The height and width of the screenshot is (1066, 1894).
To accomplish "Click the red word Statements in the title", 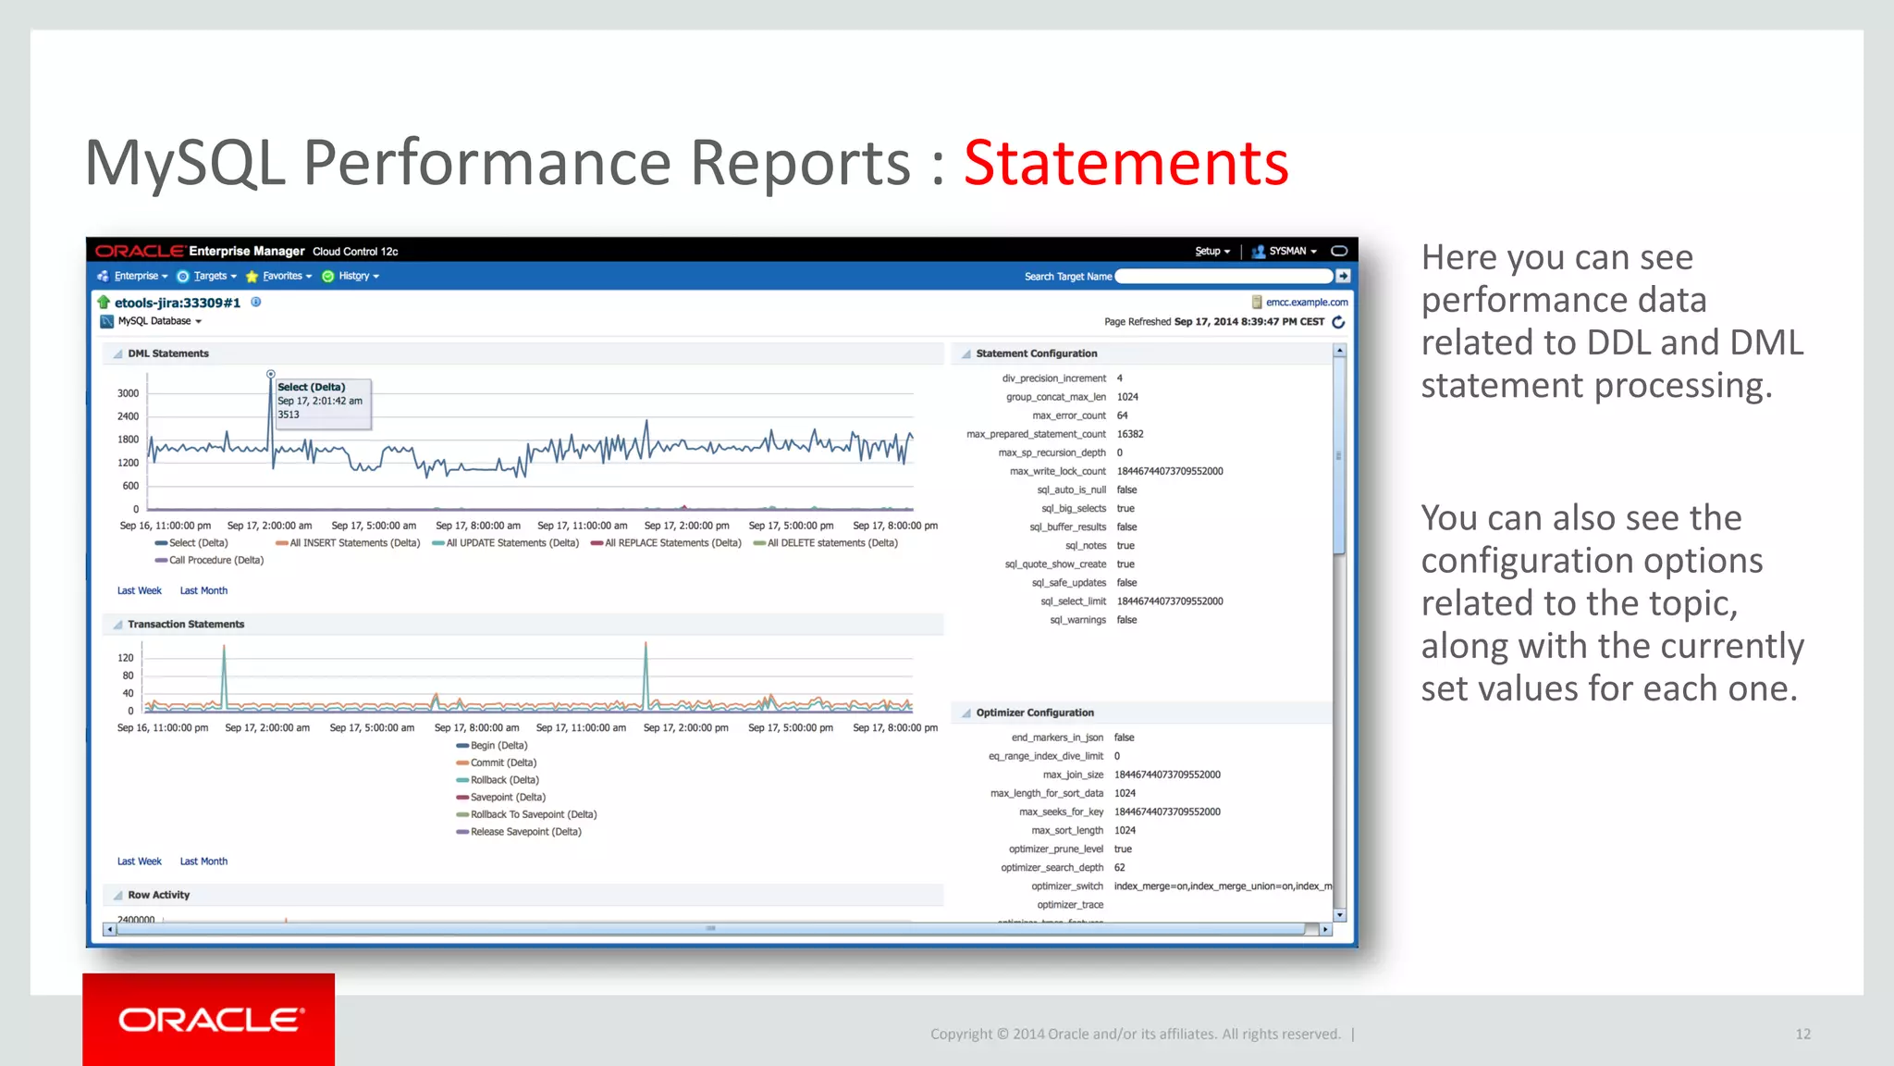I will [1125, 164].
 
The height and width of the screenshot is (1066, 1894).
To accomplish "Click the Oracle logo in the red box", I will [210, 1020].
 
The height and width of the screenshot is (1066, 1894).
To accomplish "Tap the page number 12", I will [1802, 1034].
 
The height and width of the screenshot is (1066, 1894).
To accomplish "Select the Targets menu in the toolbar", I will [210, 276].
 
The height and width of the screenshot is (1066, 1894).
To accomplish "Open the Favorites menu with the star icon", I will [281, 276].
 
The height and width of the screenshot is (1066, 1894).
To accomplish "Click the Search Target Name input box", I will [1224, 276].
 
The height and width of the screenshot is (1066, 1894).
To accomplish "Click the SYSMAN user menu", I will [1286, 251].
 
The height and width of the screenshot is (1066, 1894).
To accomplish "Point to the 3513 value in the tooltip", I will [289, 415].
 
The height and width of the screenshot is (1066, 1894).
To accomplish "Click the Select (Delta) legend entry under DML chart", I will [197, 543].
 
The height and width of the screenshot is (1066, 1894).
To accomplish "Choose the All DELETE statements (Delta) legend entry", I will [831, 543].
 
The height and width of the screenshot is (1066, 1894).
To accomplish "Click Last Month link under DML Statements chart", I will [203, 590].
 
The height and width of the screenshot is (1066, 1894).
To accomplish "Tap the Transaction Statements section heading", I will [186, 625].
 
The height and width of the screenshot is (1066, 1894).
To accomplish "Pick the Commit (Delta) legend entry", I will [502, 762].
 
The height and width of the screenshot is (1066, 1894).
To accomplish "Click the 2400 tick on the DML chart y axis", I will [128, 416].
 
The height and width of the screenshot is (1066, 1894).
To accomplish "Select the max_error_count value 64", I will [1122, 415].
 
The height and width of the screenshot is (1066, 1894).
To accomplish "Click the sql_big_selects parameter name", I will [1073, 508].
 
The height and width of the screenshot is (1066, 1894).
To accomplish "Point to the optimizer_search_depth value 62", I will [1119, 867].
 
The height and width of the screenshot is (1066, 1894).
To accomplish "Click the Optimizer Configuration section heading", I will [1034, 713].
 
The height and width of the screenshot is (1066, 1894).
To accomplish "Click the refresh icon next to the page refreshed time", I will [1337, 322].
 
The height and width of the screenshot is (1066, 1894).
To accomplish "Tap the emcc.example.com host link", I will [1306, 302].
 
